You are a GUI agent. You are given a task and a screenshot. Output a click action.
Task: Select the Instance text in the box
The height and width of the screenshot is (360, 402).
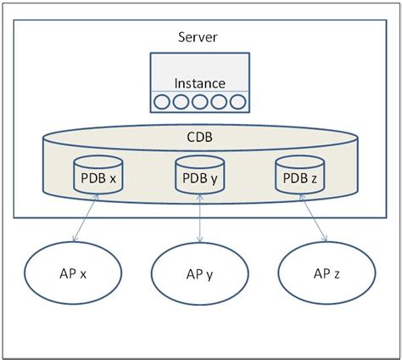tap(199, 83)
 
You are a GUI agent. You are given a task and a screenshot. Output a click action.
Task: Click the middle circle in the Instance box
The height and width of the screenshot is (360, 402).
tap(199, 103)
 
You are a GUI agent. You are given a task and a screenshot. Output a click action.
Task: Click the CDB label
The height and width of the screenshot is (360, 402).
tap(199, 136)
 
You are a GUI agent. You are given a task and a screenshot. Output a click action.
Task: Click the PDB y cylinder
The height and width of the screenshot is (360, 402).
tap(199, 176)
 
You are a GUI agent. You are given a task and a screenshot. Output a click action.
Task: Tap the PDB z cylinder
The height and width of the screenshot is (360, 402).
tap(301, 176)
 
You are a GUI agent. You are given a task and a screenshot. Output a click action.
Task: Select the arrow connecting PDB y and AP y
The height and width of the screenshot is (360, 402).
tap(199, 223)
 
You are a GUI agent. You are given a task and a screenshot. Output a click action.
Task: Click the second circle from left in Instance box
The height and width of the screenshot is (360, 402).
tap(181, 103)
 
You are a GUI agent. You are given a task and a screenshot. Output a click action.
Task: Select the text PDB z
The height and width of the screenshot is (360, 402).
tap(301, 178)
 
